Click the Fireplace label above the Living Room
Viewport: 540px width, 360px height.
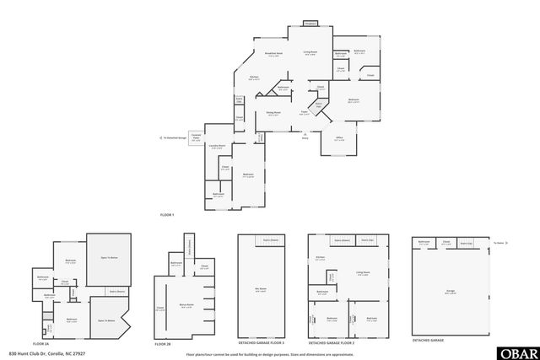(310, 24)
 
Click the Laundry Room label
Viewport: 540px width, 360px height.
(216, 146)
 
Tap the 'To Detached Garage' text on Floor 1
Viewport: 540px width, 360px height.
(175, 138)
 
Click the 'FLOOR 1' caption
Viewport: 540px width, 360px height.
(167, 215)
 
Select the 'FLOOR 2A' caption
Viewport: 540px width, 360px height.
(41, 343)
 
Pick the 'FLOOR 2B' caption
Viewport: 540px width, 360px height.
(163, 343)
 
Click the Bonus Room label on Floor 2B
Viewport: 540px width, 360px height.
(187, 305)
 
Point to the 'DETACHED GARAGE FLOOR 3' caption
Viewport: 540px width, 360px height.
(261, 343)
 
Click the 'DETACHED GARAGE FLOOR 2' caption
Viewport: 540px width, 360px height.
(331, 343)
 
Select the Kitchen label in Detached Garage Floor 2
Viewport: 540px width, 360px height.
(320, 258)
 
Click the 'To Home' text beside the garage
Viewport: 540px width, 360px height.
(499, 243)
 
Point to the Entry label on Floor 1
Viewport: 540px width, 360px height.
(306, 137)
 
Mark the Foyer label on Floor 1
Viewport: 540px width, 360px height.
(304, 112)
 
